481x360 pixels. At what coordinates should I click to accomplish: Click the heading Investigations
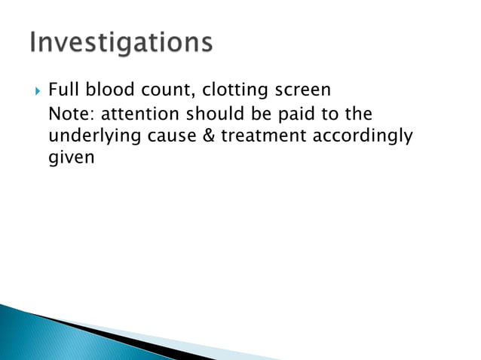pos(121,43)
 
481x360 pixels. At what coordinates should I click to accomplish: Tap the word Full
pos(64,90)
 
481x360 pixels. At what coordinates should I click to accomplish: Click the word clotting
pos(234,91)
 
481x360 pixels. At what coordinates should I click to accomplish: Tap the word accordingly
pos(362,137)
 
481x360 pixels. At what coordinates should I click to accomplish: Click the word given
pos(69,160)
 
